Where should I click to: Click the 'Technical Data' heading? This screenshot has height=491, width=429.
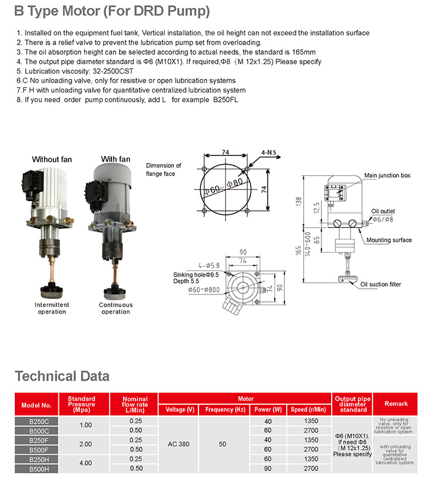[x=62, y=376]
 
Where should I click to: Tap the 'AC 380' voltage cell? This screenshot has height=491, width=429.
[x=178, y=444]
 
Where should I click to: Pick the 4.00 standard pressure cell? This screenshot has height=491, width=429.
[x=85, y=463]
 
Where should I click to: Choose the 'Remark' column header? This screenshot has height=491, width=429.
[x=396, y=404]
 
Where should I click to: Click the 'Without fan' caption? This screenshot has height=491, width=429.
[x=52, y=159]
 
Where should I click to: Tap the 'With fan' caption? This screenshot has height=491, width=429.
[x=116, y=159]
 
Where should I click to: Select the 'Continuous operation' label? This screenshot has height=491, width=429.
[x=116, y=308]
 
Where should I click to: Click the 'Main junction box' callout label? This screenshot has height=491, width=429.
[x=387, y=175]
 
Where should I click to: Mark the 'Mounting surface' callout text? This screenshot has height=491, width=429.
[x=389, y=240]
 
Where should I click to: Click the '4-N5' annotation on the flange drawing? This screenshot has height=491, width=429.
[x=269, y=153]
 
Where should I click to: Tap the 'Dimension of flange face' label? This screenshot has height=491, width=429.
[x=164, y=169]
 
